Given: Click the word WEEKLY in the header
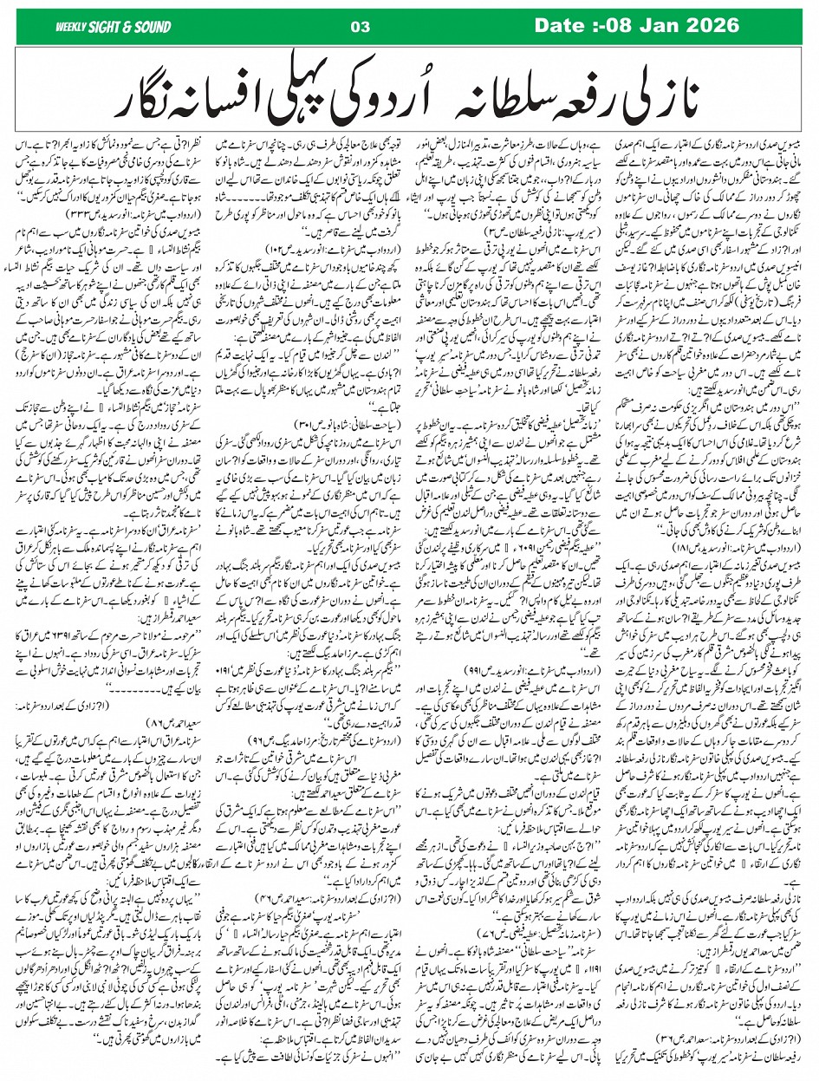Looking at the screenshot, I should (x=72, y=25).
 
